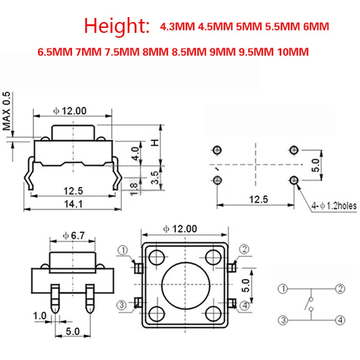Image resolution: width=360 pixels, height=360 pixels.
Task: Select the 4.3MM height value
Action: [x=177, y=27]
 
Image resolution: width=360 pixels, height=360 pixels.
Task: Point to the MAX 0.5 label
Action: [x=7, y=111]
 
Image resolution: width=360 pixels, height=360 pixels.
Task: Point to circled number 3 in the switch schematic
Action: [x=282, y=320]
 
